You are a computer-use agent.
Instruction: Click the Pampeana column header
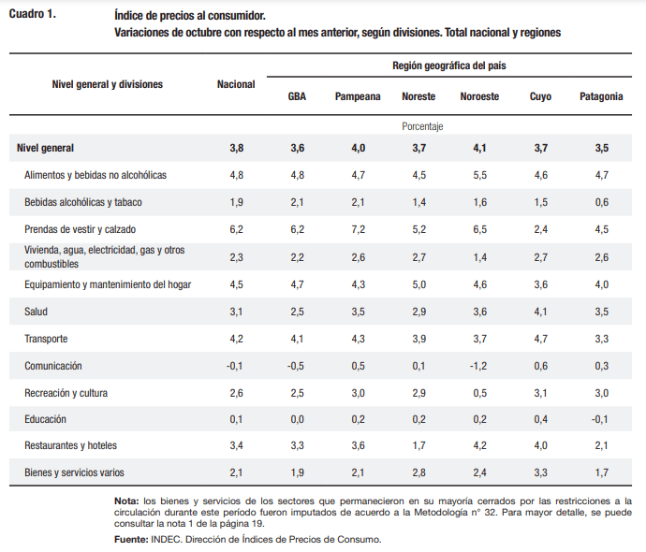click(358, 96)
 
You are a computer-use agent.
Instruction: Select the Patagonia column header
click(601, 96)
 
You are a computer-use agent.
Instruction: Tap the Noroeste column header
click(479, 96)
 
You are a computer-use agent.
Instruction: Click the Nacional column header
click(236, 84)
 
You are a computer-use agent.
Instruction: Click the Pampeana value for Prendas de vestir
click(358, 228)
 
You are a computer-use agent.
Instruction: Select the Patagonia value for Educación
click(601, 419)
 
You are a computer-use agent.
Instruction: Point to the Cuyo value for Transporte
click(540, 338)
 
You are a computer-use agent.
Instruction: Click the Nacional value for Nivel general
click(236, 148)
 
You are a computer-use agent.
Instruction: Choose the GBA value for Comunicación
click(297, 365)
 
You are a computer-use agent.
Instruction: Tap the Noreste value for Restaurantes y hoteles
click(418, 446)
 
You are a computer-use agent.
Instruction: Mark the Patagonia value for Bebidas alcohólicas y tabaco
click(601, 201)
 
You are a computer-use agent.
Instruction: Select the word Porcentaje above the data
click(422, 125)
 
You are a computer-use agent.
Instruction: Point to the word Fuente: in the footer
click(131, 540)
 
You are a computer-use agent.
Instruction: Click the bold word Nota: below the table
click(126, 501)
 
